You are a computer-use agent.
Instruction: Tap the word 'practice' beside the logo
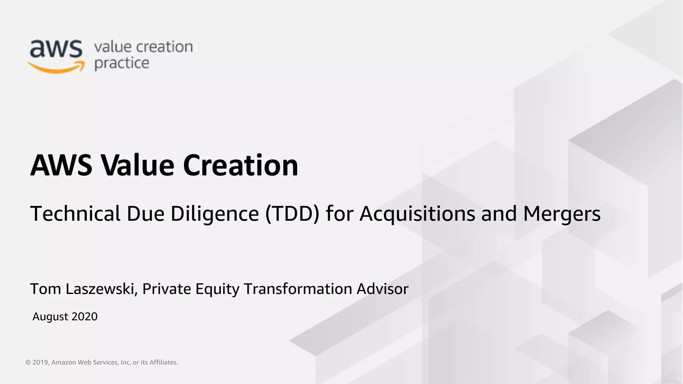pyautogui.click(x=122, y=63)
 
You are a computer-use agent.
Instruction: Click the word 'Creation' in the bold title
pyautogui.click(x=240, y=165)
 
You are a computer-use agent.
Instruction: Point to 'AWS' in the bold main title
pyautogui.click(x=61, y=165)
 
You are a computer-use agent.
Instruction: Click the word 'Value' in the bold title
pyautogui.click(x=137, y=165)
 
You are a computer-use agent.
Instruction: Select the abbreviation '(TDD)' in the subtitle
pyautogui.click(x=292, y=214)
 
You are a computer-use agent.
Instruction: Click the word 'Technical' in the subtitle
pyautogui.click(x=75, y=214)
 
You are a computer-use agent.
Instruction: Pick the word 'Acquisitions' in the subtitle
pyautogui.click(x=417, y=214)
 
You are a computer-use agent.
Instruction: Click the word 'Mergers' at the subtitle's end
pyautogui.click(x=562, y=214)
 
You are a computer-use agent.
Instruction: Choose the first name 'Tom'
pyautogui.click(x=46, y=289)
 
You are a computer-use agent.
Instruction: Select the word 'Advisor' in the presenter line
pyautogui.click(x=382, y=289)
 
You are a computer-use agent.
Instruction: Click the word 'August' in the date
pyautogui.click(x=50, y=317)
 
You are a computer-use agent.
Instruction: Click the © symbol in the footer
pyautogui.click(x=28, y=362)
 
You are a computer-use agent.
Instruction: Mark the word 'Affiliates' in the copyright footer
pyautogui.click(x=163, y=362)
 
